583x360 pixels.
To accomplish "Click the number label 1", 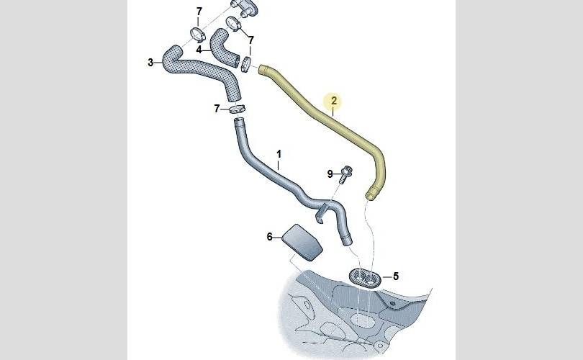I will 279,153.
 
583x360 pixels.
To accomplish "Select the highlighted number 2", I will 333,102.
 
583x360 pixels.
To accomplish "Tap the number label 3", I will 150,63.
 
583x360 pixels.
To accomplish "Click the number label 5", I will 395,276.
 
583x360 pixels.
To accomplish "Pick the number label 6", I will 270,236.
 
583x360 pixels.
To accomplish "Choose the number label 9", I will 330,174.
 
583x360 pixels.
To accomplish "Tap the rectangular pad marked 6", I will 303,240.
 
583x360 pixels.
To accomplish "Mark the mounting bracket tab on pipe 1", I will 328,212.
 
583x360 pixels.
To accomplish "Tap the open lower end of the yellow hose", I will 371,194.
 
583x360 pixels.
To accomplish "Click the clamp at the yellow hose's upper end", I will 247,63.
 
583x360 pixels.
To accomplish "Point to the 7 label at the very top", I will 199,11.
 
